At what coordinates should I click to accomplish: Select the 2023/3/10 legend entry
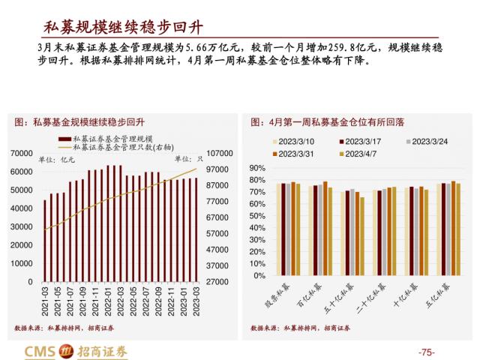click(x=296, y=141)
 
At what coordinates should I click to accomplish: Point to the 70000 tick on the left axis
click(x=22, y=153)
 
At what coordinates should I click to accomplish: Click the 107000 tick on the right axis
click(x=220, y=153)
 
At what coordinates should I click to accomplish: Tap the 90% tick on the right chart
click(x=255, y=168)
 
